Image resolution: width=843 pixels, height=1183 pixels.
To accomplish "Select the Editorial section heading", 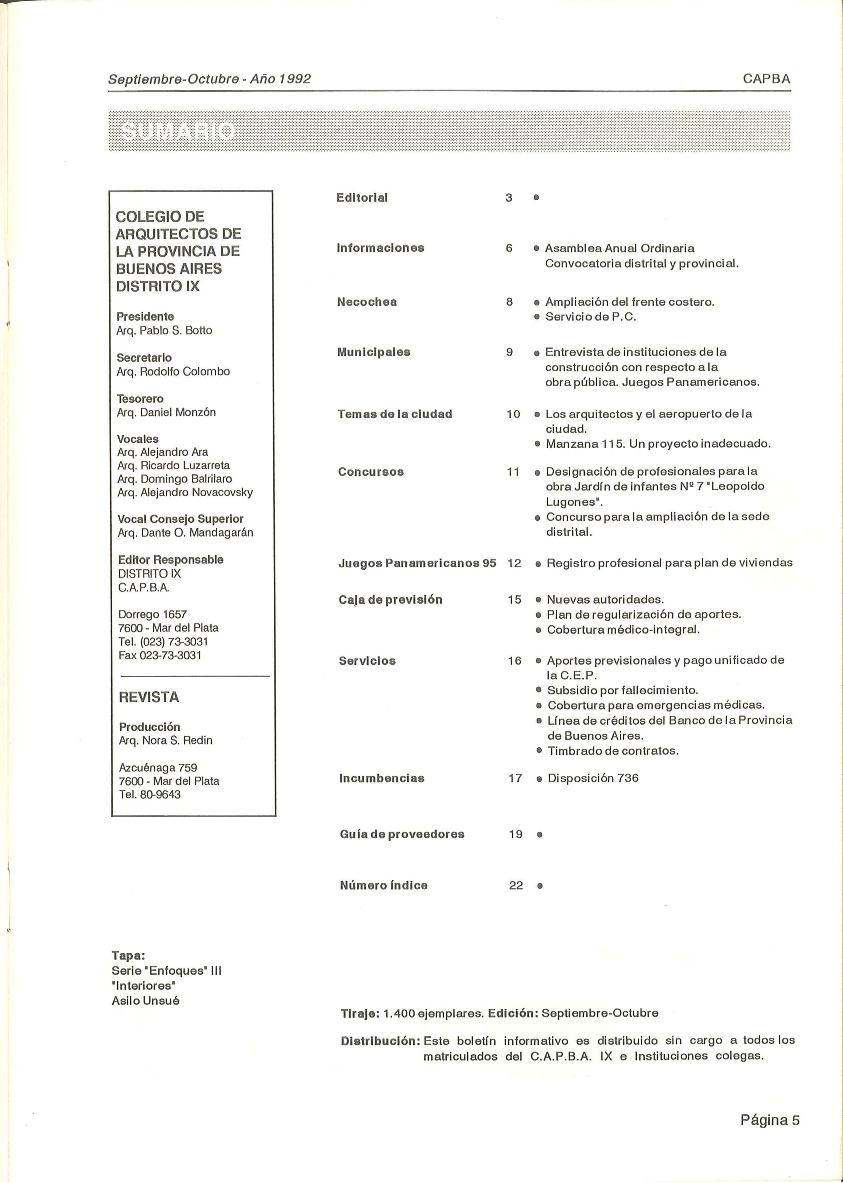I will pyautogui.click(x=362, y=198).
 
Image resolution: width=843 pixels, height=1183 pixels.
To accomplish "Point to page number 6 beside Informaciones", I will pyautogui.click(x=509, y=248).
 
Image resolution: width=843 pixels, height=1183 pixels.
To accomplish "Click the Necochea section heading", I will pyautogui.click(x=366, y=302).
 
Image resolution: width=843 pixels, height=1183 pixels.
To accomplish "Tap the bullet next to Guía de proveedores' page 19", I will pyautogui.click(x=539, y=835).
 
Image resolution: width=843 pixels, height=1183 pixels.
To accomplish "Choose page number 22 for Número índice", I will pyautogui.click(x=515, y=885).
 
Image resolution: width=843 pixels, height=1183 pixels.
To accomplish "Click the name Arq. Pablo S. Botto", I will pyautogui.click(x=164, y=331).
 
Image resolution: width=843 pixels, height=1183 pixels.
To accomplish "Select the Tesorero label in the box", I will pyautogui.click(x=140, y=399).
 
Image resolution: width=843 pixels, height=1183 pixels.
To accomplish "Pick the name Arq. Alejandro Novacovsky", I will pyautogui.click(x=185, y=492).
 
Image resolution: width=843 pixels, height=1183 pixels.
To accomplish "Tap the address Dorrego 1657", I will pyautogui.click(x=153, y=615).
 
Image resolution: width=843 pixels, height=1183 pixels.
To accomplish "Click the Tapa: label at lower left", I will pyautogui.click(x=128, y=955).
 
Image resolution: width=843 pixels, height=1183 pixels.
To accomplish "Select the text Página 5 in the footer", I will pyautogui.click(x=769, y=1120).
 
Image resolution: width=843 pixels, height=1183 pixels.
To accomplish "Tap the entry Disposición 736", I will pyautogui.click(x=593, y=778).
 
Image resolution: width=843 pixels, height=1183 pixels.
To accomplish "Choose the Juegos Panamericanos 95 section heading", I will pyautogui.click(x=417, y=563).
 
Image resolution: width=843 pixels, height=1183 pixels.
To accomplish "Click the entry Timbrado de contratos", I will pyautogui.click(x=612, y=751).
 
